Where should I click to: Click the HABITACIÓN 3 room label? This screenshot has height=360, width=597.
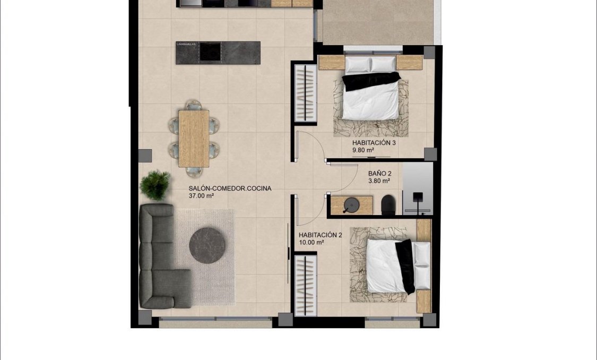coord(374,143)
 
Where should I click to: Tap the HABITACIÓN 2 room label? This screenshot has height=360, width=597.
coord(320,235)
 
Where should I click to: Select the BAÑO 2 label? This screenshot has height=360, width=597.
coord(380,174)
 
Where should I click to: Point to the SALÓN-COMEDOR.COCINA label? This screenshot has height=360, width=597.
coord(230,188)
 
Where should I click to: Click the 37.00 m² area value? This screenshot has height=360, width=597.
coord(201,196)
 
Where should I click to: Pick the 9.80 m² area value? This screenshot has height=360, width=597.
coord(363,150)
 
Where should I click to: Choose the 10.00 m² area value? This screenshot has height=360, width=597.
coord(311,242)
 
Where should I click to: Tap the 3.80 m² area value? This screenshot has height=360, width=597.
coord(379,181)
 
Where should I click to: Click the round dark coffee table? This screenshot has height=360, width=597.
coord(207,245)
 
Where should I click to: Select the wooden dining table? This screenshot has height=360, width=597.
coord(194,138)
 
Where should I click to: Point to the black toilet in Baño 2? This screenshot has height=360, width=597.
coord(388,205)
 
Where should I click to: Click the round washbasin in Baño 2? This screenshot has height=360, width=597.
coord(351,204)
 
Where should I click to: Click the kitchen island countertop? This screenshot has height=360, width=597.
coord(218,53)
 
